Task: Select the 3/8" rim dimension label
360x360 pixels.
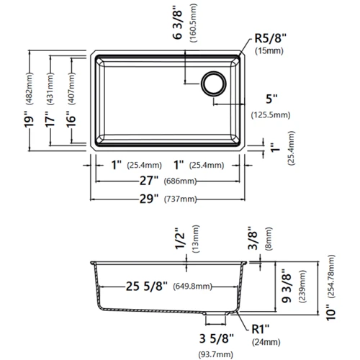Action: (252, 238)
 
